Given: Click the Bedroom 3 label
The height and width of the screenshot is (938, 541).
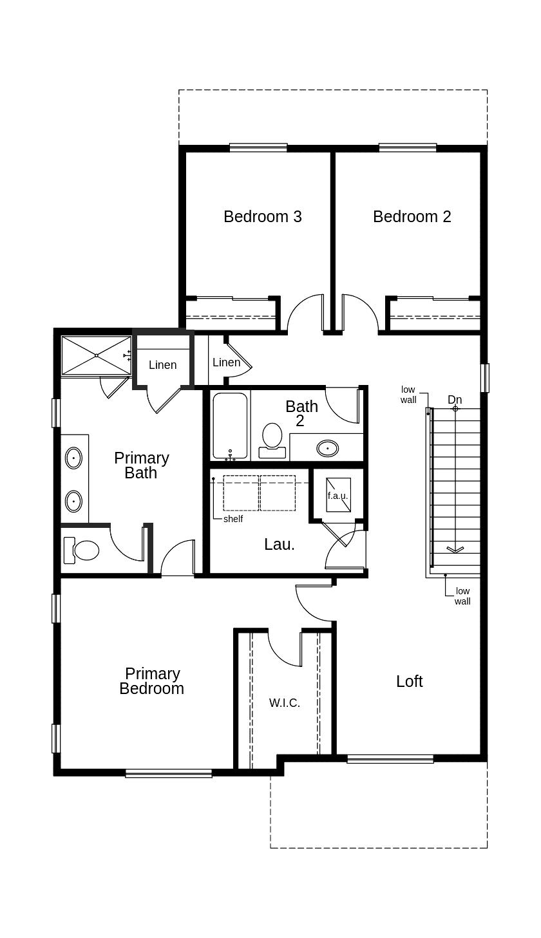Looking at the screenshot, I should [262, 216].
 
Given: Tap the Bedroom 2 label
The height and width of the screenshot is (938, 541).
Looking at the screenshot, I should [412, 216].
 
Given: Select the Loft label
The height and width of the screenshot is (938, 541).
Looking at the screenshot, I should [409, 681].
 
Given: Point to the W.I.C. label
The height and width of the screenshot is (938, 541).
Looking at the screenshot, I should [284, 702].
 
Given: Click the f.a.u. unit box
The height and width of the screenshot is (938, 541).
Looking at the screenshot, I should [338, 495].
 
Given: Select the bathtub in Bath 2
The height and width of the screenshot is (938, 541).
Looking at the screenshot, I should [230, 426].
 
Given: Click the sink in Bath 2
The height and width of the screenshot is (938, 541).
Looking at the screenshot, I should [328, 447].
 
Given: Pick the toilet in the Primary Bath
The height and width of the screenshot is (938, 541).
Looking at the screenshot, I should [82, 550].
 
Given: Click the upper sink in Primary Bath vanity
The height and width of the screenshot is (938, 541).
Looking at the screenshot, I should [74, 458].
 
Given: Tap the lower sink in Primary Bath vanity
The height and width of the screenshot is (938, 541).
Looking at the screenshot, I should [74, 500].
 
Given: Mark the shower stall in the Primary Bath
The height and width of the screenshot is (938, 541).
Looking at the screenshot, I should [96, 355].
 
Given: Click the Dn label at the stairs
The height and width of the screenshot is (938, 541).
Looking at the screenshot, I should [455, 400].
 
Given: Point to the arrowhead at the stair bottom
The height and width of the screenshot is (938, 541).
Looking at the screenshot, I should [455, 549].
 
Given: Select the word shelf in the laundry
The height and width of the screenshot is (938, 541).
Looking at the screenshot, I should [233, 519].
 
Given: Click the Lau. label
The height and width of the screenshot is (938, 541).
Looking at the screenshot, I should [280, 544].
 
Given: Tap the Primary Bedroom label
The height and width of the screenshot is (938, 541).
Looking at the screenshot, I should [152, 681].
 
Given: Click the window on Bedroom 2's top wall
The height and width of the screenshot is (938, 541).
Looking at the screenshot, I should [408, 147].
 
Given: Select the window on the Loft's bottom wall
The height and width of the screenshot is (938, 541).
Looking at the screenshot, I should [390, 759].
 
